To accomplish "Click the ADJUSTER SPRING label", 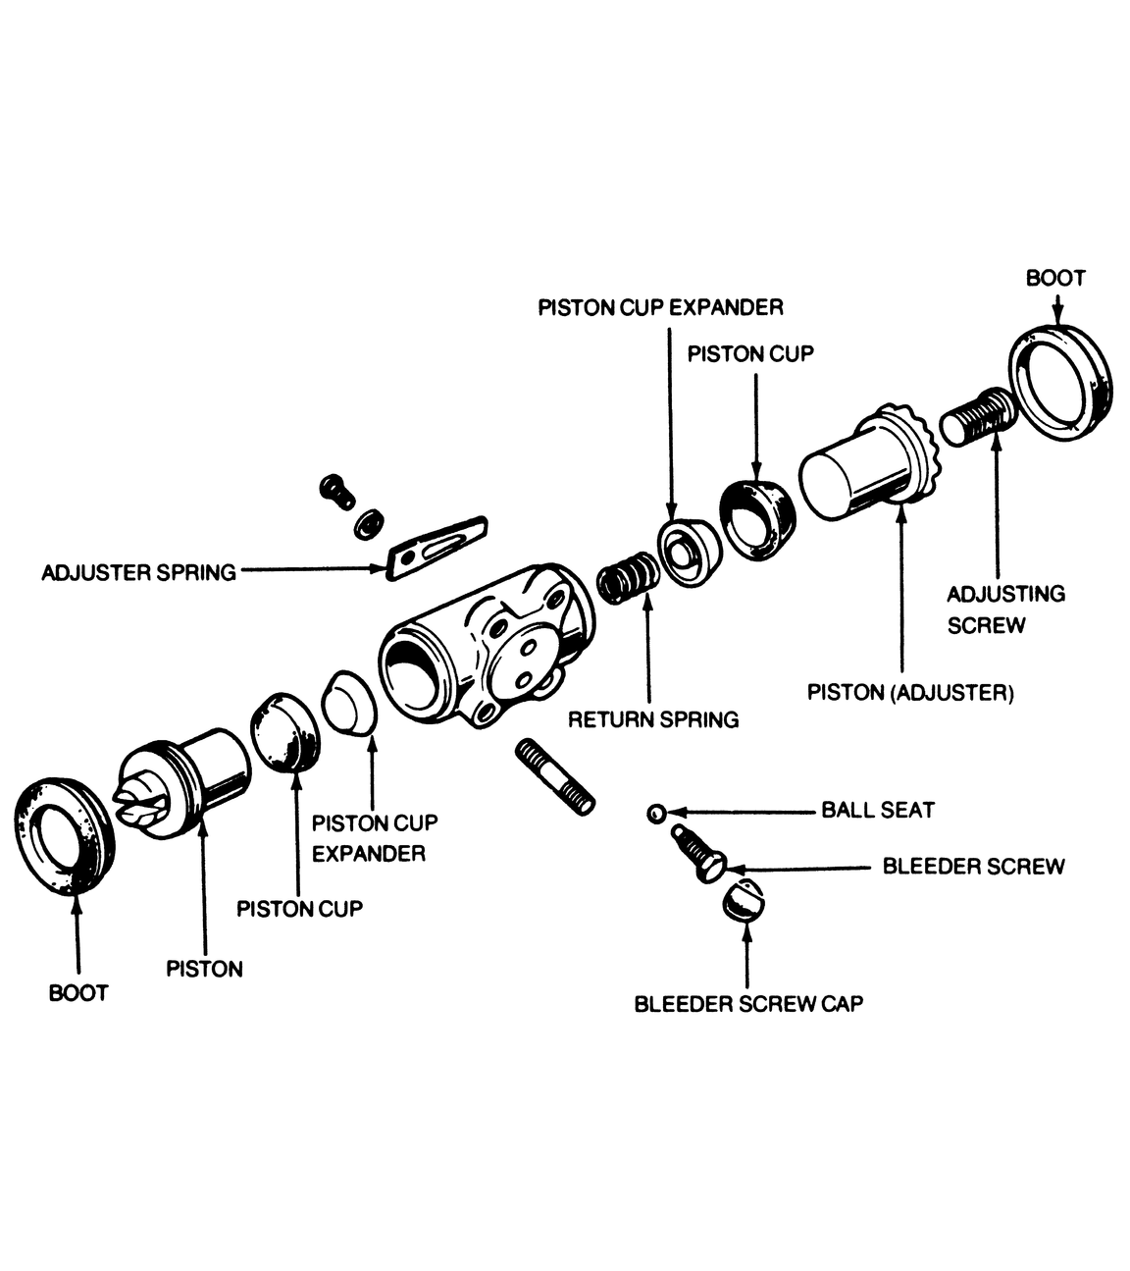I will click(138, 572).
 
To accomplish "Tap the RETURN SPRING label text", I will click(653, 719).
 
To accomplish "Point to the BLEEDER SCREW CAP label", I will click(747, 1004).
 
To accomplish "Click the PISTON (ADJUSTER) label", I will click(909, 693).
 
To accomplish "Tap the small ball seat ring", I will click(656, 813).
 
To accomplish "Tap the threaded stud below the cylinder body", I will click(554, 776).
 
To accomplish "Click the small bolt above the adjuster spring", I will click(336, 489).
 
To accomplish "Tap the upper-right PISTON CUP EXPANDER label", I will click(660, 308).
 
